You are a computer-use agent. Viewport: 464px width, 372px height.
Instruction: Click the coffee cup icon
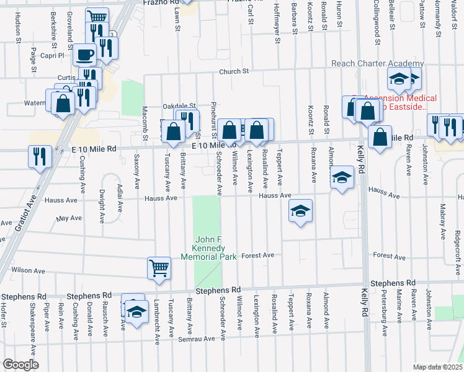point(84,55)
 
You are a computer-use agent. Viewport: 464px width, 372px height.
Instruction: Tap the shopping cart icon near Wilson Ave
point(159,268)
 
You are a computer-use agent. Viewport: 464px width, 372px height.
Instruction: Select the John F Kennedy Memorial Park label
point(208,248)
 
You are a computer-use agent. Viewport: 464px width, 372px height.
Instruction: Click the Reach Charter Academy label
point(377,64)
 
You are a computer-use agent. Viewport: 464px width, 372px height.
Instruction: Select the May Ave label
point(68,218)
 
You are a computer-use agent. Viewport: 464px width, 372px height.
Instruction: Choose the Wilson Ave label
point(28,270)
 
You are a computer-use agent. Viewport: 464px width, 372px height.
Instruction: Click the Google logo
point(20,365)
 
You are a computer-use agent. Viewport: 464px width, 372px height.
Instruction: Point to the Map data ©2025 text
point(437,367)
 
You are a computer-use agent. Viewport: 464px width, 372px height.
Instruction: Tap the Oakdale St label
point(179,106)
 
